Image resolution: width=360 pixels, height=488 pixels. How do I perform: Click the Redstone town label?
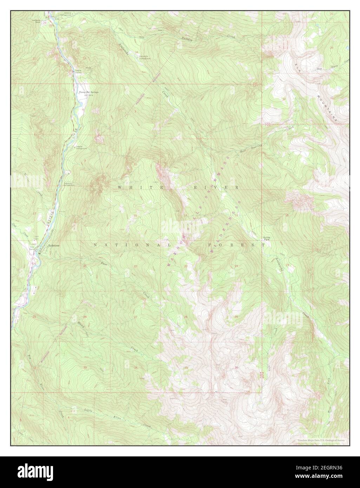click(53, 246)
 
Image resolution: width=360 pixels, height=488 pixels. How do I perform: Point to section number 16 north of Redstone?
click(85, 214)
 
